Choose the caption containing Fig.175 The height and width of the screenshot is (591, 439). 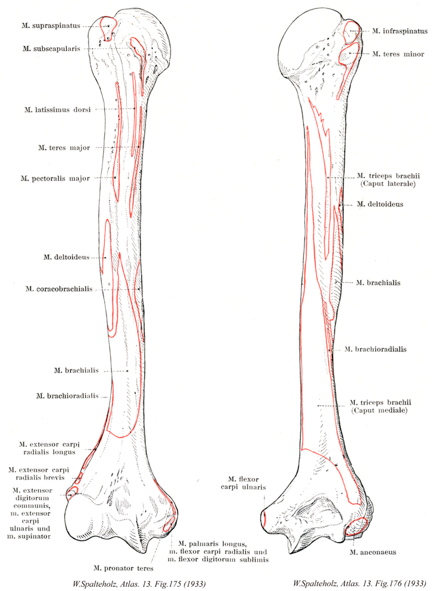point(113,581)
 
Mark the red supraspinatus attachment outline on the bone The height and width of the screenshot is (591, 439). point(108,27)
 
